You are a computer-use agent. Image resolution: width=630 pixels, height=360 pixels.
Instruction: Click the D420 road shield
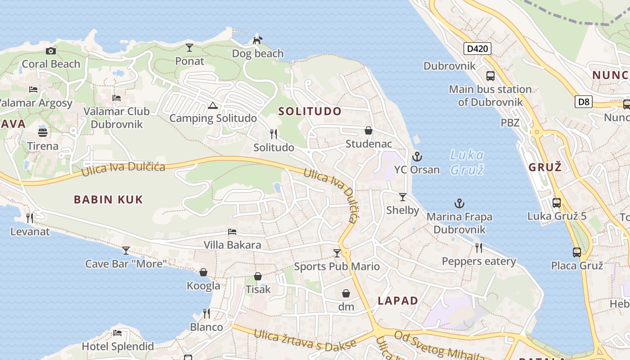(x=477, y=48)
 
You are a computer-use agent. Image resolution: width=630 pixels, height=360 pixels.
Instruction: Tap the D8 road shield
(x=583, y=102)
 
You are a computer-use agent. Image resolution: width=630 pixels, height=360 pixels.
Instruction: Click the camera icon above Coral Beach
(x=51, y=51)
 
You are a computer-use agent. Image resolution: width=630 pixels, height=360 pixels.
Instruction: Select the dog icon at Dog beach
(x=257, y=40)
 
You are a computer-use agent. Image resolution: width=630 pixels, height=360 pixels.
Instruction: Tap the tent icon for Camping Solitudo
(x=213, y=105)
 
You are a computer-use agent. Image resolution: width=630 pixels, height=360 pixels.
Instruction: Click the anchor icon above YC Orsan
(x=417, y=157)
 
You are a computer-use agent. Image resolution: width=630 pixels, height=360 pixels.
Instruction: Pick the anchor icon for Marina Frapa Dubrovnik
(x=459, y=203)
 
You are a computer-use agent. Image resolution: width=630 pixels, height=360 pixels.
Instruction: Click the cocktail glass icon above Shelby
(x=403, y=197)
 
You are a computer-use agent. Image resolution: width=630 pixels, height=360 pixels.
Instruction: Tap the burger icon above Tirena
(x=43, y=133)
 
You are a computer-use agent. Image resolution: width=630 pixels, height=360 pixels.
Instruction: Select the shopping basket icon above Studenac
(x=369, y=130)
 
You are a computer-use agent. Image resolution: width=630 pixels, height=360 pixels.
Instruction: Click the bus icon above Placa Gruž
(x=577, y=252)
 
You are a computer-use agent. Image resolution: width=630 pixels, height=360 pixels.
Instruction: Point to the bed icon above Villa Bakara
(x=232, y=231)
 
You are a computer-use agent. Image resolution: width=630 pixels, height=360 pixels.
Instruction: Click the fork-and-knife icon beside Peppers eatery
(x=479, y=247)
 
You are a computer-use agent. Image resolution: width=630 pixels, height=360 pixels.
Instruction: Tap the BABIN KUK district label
(x=108, y=199)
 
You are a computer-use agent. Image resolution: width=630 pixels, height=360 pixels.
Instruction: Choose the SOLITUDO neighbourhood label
(x=310, y=111)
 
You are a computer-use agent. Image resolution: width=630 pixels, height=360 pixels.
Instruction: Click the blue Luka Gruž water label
(x=467, y=162)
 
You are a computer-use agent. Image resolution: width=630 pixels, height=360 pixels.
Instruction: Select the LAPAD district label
(x=398, y=301)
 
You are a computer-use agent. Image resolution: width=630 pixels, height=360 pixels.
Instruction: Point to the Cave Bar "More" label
(x=126, y=264)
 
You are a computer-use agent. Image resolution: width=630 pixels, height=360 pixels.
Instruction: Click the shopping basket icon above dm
(x=346, y=293)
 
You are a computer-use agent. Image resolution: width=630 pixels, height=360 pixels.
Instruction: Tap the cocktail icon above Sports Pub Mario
(x=337, y=253)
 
